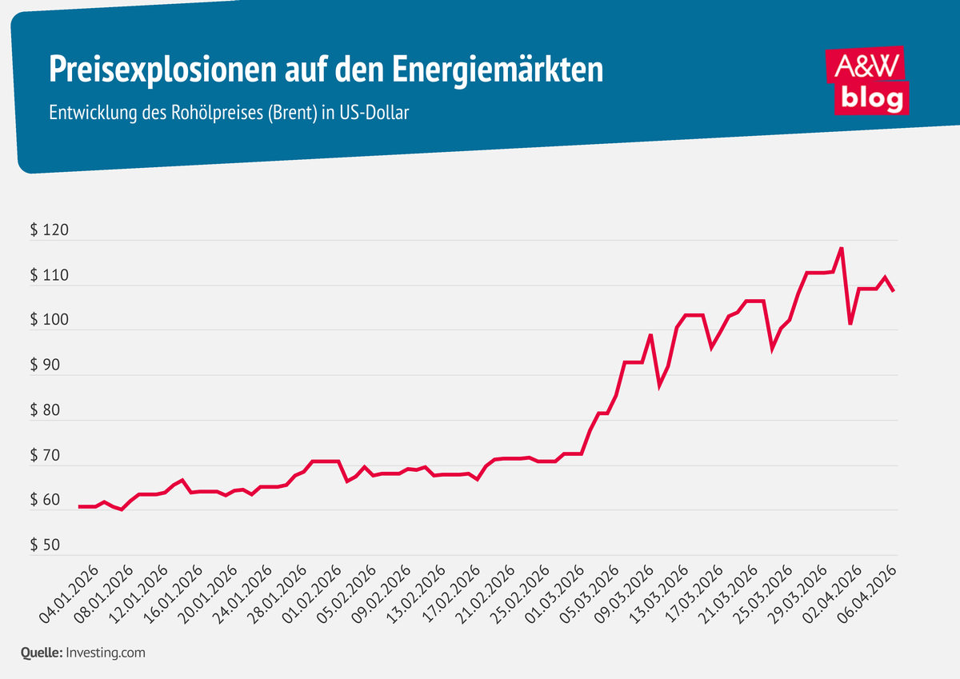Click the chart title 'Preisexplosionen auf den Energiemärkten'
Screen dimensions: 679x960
326,70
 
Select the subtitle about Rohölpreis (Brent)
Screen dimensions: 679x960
229,113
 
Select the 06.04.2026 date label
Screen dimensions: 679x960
867,593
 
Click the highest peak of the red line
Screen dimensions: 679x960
841,248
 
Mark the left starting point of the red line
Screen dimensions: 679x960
79,506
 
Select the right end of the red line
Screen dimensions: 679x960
893,291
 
